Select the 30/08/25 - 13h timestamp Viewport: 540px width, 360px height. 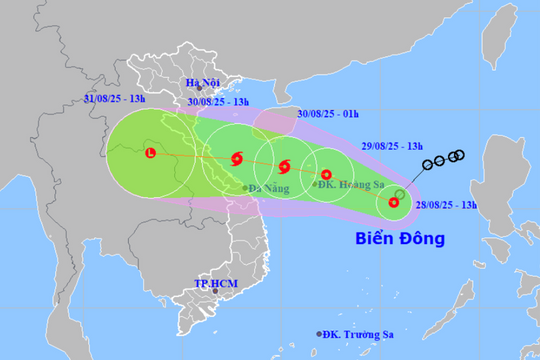tap(219, 101)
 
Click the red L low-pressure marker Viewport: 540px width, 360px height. tap(150, 154)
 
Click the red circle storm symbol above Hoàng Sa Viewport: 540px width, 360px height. tap(326, 175)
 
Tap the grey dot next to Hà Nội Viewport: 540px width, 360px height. tap(198, 89)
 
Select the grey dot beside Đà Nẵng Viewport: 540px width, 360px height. tap(243, 188)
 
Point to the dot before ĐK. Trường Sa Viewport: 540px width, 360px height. tap(320, 335)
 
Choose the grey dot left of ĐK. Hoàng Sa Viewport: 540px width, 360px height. tap(315, 185)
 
